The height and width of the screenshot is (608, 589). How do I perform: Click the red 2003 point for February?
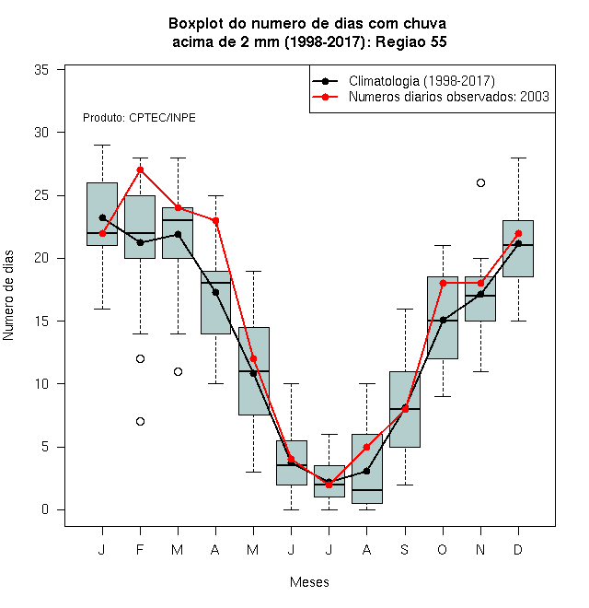coord(140,170)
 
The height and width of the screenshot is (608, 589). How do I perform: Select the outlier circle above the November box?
coord(480,182)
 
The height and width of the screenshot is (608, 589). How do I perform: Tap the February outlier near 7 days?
coord(140,421)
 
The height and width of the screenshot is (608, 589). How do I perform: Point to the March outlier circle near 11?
coord(178,371)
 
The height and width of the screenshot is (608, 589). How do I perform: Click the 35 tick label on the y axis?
coord(41,70)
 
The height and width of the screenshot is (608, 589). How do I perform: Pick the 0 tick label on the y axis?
coord(45,509)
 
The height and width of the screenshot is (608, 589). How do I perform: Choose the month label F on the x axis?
coord(140,549)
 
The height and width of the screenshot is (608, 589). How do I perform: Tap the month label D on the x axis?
coord(518,549)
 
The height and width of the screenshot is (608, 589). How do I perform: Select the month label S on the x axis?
coord(405,549)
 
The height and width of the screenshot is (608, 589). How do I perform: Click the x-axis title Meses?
coord(309,582)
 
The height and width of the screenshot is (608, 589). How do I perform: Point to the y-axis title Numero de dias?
coord(8,296)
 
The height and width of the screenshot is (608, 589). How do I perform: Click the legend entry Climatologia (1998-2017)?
coord(422,81)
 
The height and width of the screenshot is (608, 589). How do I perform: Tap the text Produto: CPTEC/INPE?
coord(139,118)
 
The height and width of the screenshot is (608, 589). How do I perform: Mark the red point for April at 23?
coord(216,221)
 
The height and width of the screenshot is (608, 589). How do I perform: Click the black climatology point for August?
coord(366,471)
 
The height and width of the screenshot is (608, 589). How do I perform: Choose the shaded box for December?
coord(518,249)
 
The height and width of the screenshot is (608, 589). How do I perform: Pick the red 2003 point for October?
coord(443,283)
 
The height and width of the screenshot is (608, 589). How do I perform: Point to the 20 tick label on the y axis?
coord(41,258)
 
